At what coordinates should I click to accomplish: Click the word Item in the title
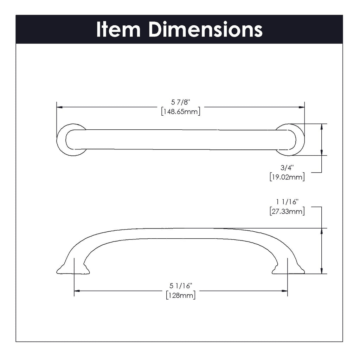[118, 30]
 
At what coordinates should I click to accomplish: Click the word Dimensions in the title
[205, 30]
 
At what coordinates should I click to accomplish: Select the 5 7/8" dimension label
[181, 102]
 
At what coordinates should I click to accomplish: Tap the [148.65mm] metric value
[181, 112]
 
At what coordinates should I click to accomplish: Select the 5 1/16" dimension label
[181, 286]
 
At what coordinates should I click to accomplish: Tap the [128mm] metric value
[181, 295]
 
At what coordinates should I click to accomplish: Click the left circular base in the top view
[65, 140]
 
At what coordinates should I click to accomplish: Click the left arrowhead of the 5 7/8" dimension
[60, 107]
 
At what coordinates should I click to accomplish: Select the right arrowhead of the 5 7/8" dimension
[301, 107]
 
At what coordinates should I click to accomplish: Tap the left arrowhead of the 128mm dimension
[77, 291]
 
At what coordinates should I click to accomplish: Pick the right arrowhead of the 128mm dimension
[284, 291]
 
